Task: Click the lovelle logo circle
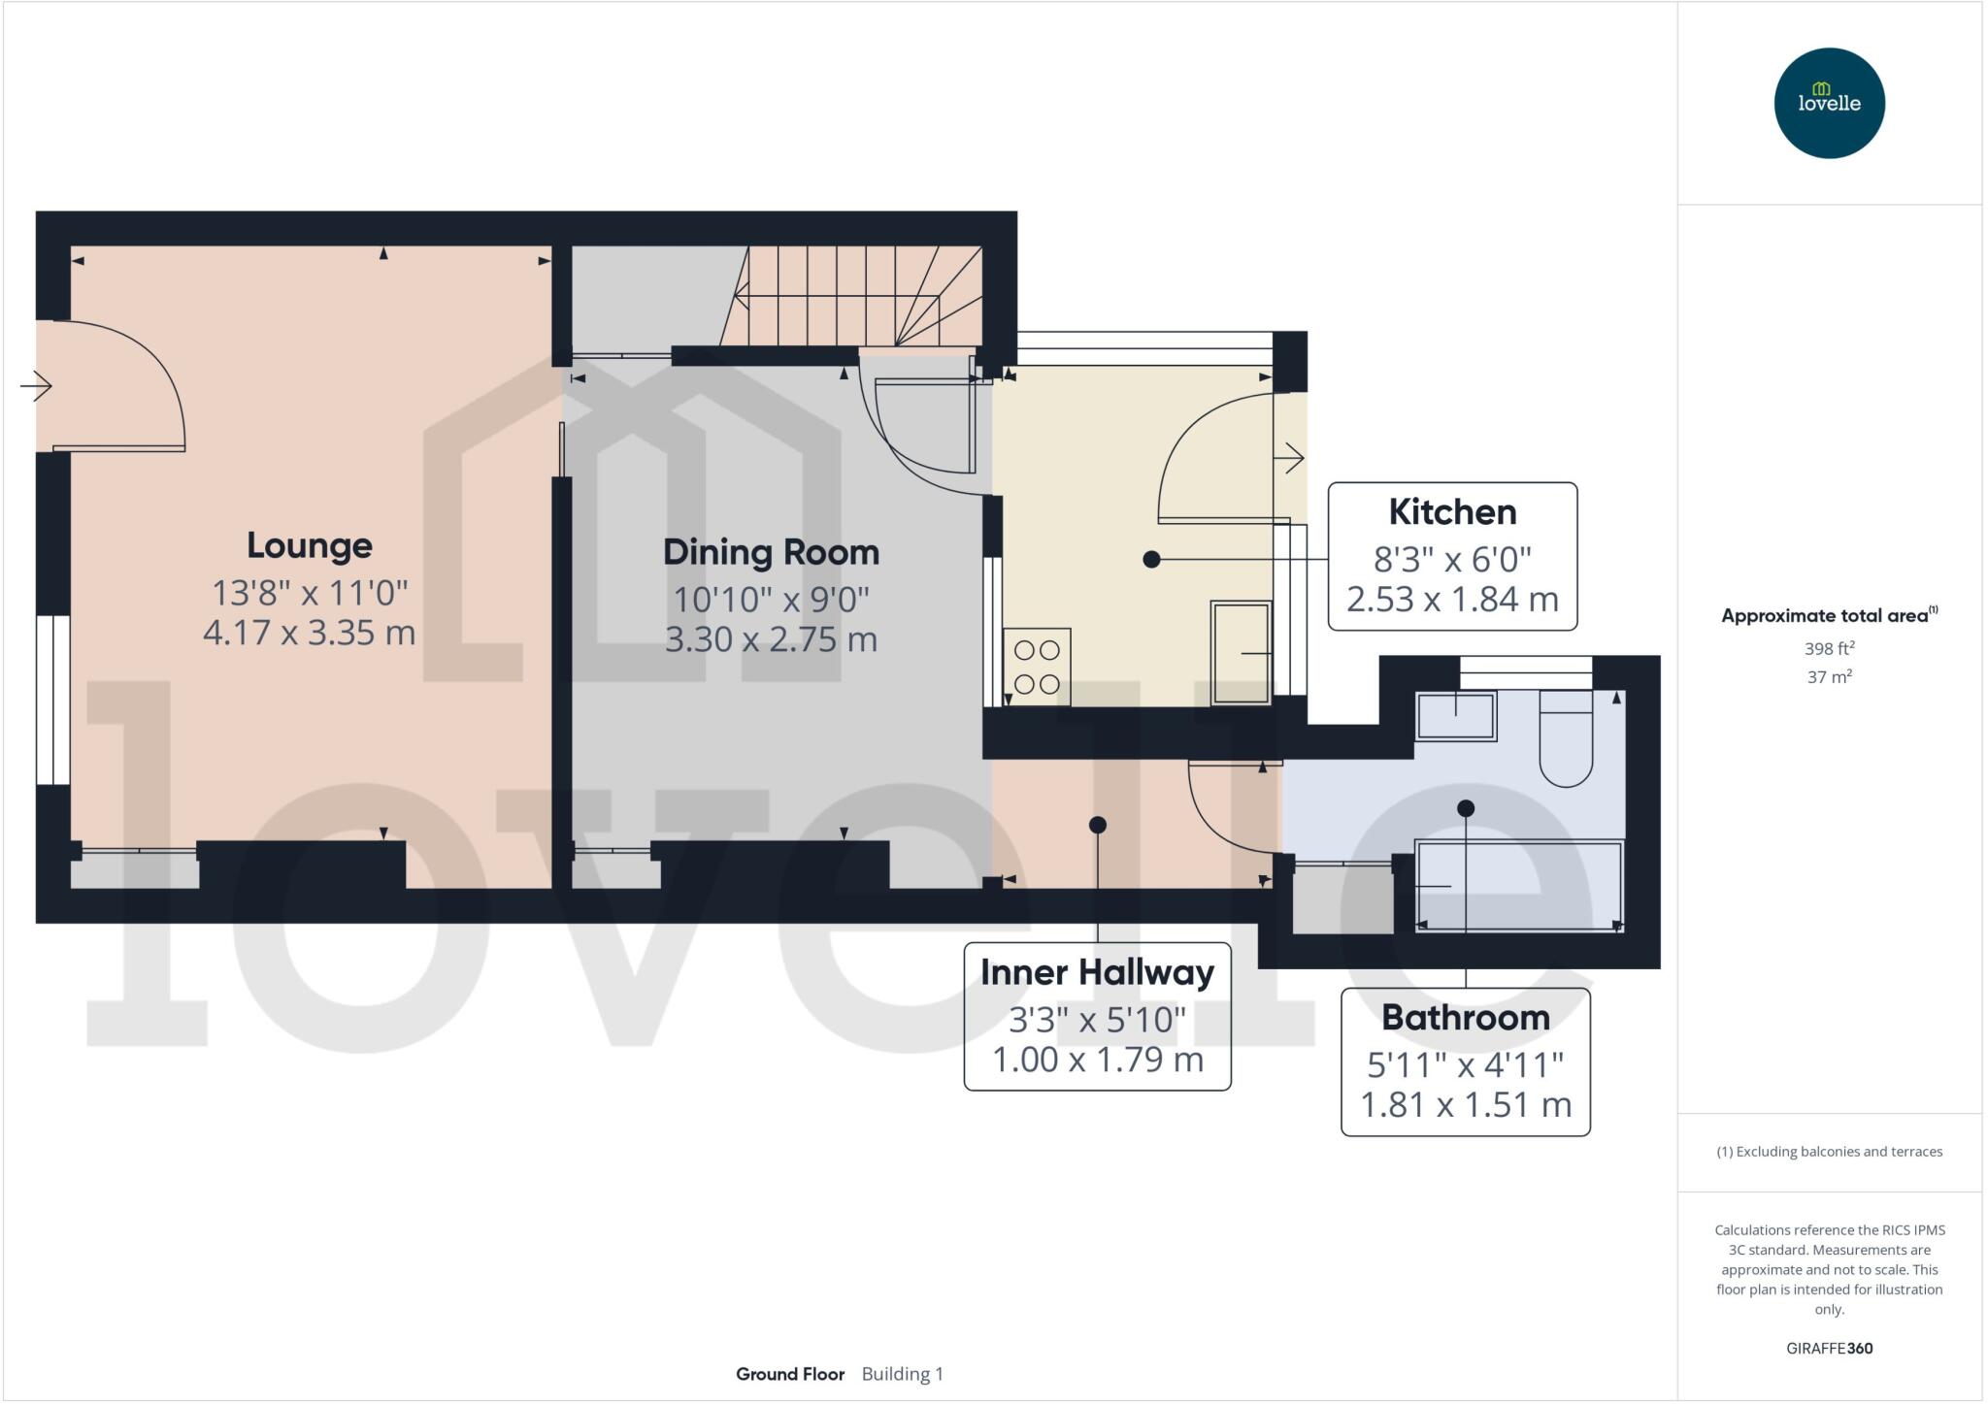(x=1829, y=103)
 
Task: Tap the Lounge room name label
(x=309, y=545)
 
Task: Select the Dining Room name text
(x=771, y=552)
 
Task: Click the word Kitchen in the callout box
(x=1451, y=511)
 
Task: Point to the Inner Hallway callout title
(x=1097, y=972)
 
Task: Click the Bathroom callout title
(x=1465, y=1018)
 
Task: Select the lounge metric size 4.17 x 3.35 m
(x=309, y=633)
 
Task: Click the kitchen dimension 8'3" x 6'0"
(x=1451, y=559)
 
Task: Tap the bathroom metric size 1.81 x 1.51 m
(x=1465, y=1104)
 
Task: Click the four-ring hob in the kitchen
(x=1037, y=667)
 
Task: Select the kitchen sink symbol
(x=1241, y=652)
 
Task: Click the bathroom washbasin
(x=1455, y=716)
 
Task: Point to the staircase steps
(x=854, y=295)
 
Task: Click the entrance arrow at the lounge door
(x=36, y=386)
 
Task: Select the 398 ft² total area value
(x=1829, y=648)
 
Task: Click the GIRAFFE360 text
(x=1829, y=1348)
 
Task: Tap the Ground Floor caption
(x=789, y=1374)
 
